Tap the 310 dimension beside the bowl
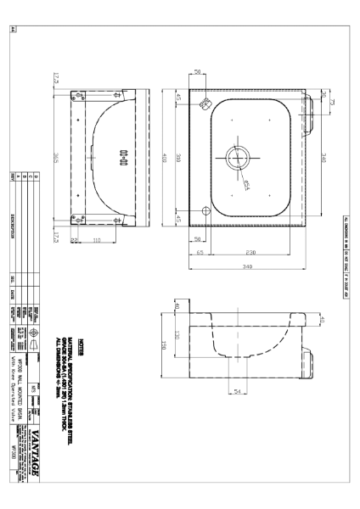click(192, 157)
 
